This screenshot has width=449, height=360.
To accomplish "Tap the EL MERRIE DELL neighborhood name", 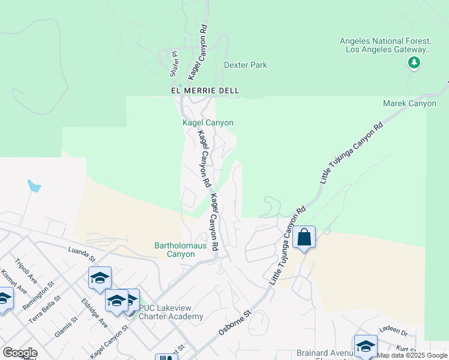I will pos(205,91).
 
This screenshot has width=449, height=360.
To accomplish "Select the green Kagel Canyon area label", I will pos(208,122).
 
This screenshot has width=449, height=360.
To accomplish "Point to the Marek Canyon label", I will pos(409,103).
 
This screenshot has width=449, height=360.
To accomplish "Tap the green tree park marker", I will pos(414,62).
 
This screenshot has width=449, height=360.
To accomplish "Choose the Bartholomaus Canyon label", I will pos(181,250).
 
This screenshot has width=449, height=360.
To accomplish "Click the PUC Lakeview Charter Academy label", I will pos(171,312).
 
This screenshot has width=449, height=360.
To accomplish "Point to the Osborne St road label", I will pos(234,322).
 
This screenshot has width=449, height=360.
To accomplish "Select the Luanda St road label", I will pos(82,253).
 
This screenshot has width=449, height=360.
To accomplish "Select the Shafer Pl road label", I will pos(174,64).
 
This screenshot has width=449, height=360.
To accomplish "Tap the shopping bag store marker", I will pos(304,237).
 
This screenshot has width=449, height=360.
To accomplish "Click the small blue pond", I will pos(34,185).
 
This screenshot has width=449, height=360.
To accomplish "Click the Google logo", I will pos(20,353).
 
